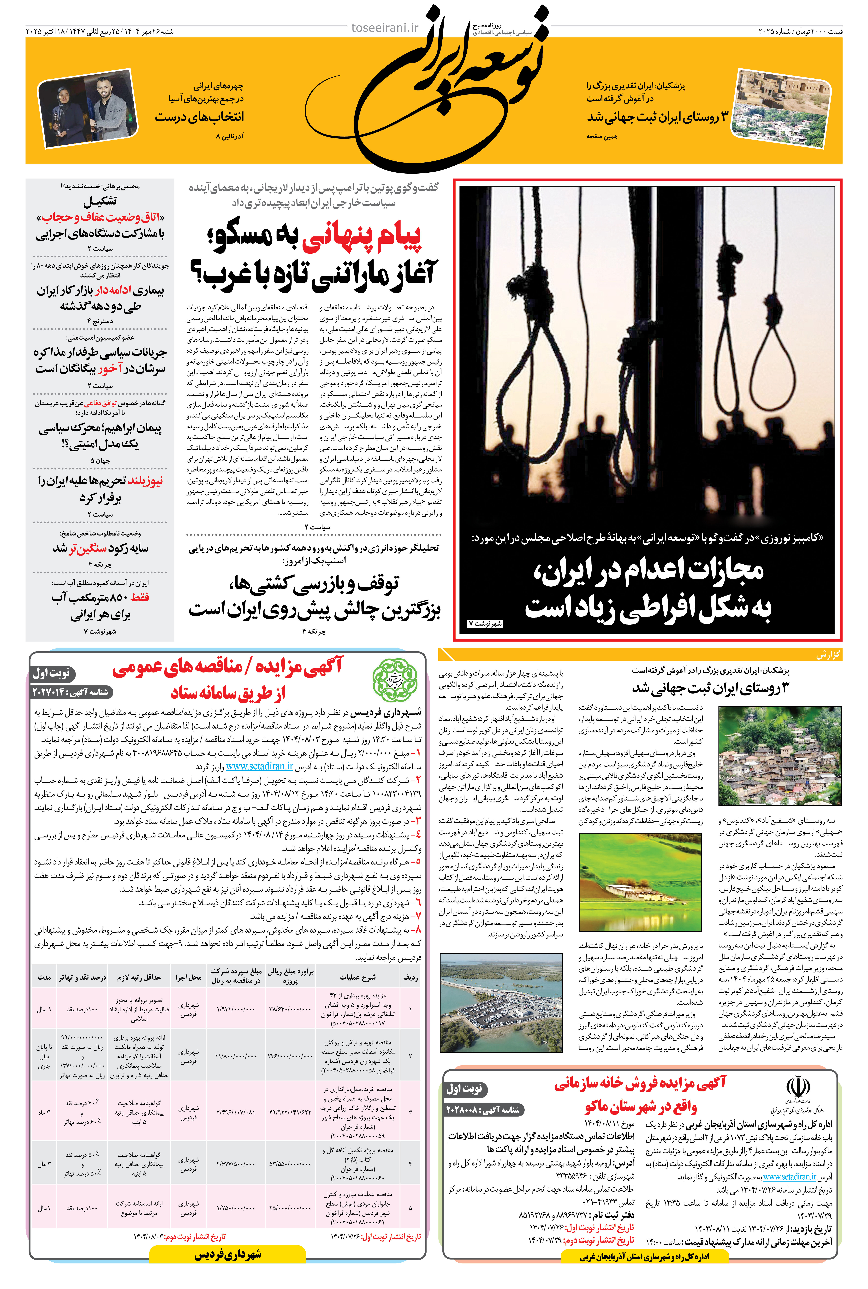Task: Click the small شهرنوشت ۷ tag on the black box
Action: click(x=486, y=624)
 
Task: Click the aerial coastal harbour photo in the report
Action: click(x=501, y=1003)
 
